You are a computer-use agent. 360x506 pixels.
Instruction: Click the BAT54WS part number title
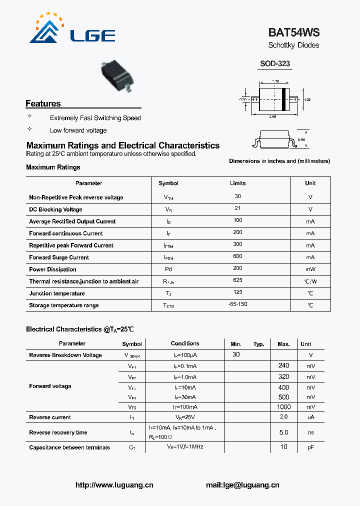(x=293, y=32)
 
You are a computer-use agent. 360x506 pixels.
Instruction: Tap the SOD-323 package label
(x=274, y=64)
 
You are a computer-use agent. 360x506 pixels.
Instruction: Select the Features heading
(x=43, y=103)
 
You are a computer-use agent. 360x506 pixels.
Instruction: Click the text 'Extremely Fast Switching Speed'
(x=95, y=118)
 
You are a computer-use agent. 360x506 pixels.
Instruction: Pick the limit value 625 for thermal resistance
(x=237, y=281)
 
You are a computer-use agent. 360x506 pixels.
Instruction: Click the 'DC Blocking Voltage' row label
(x=55, y=209)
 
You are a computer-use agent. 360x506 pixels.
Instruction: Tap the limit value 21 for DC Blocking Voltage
(x=237, y=207)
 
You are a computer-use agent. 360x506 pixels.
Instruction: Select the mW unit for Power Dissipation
(x=310, y=269)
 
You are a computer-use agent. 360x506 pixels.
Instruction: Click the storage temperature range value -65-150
(x=237, y=304)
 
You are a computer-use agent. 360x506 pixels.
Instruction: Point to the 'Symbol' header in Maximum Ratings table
(x=168, y=183)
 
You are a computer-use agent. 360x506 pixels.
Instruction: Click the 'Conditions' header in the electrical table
(x=185, y=343)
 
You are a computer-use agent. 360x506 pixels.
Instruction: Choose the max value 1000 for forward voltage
(x=283, y=407)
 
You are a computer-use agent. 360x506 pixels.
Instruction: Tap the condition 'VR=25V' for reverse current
(x=185, y=417)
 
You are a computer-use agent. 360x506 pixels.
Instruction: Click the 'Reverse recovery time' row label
(x=58, y=432)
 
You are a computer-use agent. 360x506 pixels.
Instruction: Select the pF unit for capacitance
(x=310, y=447)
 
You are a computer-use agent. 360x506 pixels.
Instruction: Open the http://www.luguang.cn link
(x=114, y=485)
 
